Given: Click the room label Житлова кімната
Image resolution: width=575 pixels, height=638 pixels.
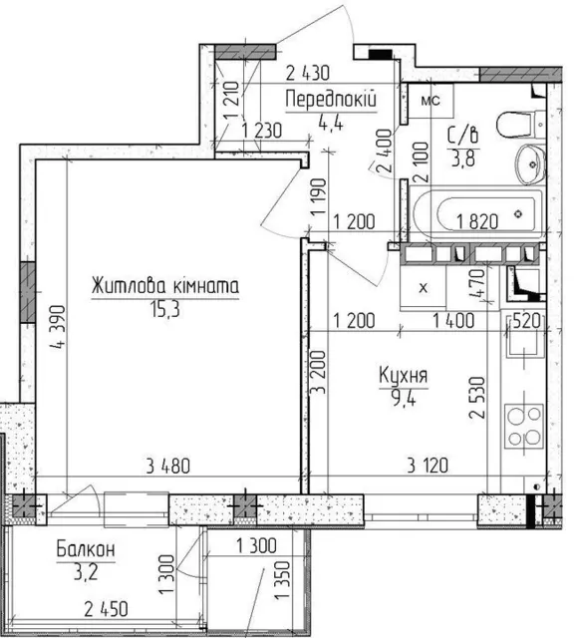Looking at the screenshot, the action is [x=165, y=286].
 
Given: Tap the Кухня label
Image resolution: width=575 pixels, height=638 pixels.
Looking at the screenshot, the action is [x=403, y=375].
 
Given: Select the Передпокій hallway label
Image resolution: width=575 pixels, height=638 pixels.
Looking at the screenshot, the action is [x=331, y=100].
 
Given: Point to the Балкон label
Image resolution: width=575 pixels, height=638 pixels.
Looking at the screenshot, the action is [x=86, y=549].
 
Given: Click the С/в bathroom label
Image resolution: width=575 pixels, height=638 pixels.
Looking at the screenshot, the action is [x=462, y=136].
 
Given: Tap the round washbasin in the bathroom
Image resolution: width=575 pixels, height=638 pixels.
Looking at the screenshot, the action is [x=531, y=164].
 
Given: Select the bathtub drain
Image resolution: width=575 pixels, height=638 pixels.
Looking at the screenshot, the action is [x=518, y=213].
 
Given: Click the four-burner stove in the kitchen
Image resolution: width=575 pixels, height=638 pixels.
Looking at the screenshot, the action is [x=524, y=426].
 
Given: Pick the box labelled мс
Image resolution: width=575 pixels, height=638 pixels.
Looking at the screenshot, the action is [x=431, y=101].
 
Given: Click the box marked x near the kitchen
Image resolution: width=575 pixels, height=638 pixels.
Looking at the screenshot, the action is [x=424, y=288].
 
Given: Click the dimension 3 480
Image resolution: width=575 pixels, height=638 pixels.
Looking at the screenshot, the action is [x=168, y=467].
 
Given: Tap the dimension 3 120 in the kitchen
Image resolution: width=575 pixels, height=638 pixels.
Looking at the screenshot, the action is [x=428, y=466].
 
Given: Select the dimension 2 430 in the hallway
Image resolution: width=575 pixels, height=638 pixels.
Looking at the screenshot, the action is [x=308, y=73].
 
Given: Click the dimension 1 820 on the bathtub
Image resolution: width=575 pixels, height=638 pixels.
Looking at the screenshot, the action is [x=477, y=221].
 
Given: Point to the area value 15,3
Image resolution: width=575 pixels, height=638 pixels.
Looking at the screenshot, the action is [x=165, y=310].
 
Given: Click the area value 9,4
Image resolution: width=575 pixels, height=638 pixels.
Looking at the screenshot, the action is [x=404, y=398].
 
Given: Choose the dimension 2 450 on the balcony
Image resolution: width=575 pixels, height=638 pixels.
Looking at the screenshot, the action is [x=106, y=609].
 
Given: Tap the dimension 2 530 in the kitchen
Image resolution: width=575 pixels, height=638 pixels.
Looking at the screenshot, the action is [x=477, y=398].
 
